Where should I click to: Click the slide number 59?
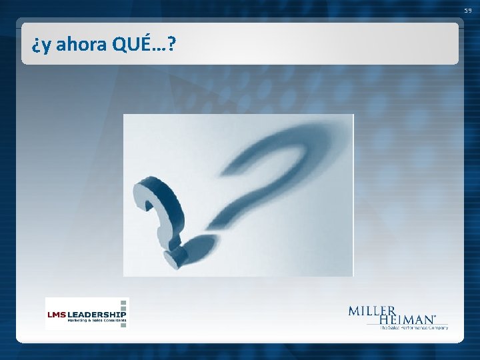point(469,11)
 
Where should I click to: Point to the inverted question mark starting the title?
point(35,47)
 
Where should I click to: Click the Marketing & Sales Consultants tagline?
point(95,321)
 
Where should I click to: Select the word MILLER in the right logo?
point(372,311)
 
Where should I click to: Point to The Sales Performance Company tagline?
point(413,327)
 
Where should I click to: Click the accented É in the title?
point(145,43)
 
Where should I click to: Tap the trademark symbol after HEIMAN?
point(435,317)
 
